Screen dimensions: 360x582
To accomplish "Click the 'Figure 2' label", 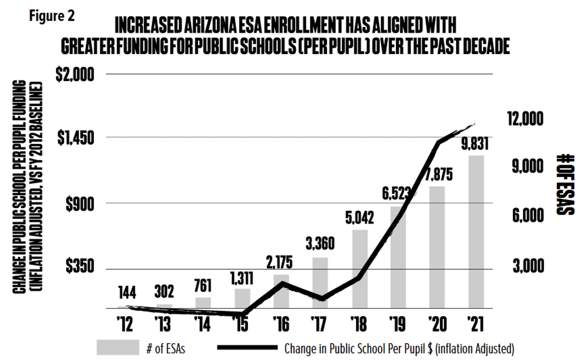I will (x=52, y=16).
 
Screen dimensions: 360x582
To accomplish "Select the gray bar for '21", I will (x=476, y=232).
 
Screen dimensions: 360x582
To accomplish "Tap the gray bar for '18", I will (x=360, y=269).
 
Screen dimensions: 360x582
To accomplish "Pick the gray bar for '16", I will (x=281, y=291).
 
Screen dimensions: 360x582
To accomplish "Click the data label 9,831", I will (x=475, y=144).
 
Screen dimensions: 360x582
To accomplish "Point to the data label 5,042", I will (x=359, y=217).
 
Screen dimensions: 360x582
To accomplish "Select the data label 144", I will (x=127, y=292).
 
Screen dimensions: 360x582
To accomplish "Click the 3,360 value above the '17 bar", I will (x=320, y=244).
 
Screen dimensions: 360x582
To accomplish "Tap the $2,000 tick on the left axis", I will (x=75, y=74).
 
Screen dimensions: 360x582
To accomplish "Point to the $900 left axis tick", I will (x=80, y=204).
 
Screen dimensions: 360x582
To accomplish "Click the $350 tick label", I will (x=80, y=266).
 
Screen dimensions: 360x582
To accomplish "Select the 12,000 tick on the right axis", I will (x=525, y=118).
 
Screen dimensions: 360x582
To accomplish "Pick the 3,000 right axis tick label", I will (x=528, y=266).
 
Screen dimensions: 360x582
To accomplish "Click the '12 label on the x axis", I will (x=125, y=324).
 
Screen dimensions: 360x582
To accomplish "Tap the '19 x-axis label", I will (x=398, y=324).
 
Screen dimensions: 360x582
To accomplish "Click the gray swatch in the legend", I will (x=118, y=348).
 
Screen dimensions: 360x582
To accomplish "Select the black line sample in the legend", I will (x=247, y=348).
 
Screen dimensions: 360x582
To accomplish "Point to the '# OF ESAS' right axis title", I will (x=565, y=184).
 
